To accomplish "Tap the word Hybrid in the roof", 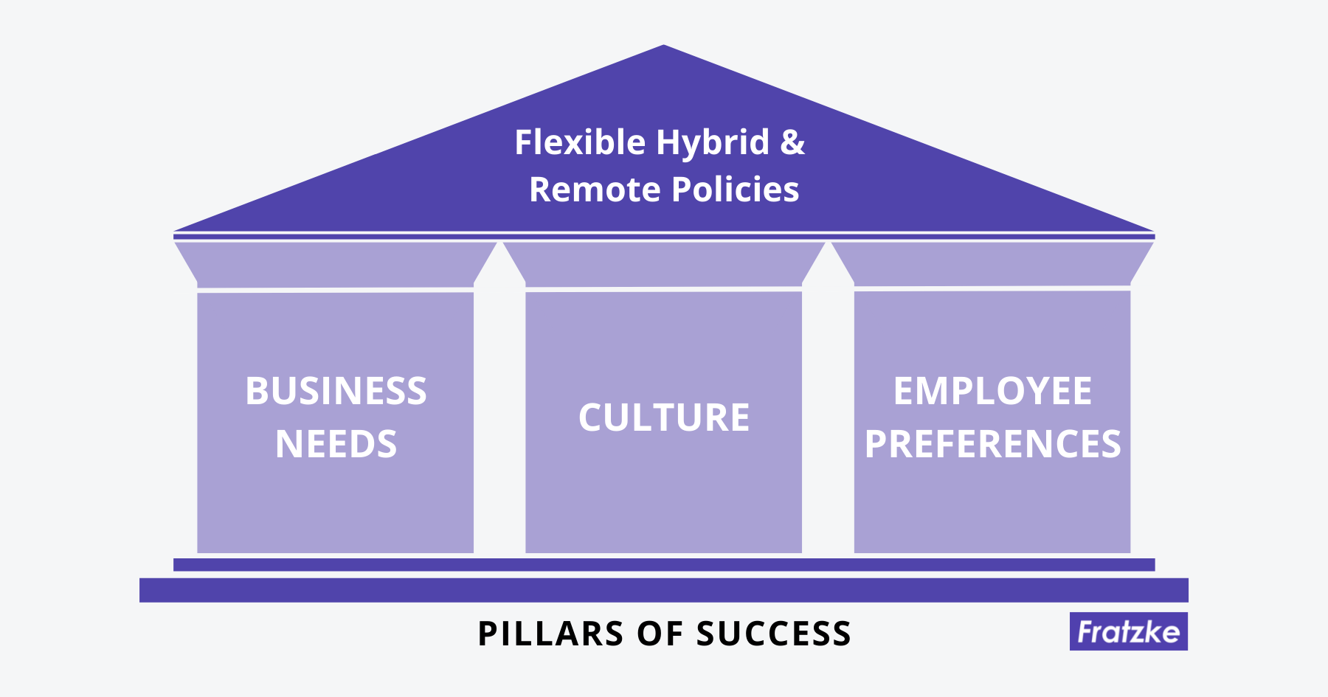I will click(713, 143).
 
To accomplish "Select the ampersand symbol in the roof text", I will click(792, 142).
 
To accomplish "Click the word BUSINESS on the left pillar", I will click(336, 391).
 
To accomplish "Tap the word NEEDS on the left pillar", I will click(336, 444).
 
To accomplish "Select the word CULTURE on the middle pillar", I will click(664, 417).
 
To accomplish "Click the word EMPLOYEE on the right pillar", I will click(992, 391).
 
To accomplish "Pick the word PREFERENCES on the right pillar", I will click(992, 444).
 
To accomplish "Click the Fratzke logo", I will click(1128, 631).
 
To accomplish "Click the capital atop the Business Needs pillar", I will click(336, 264).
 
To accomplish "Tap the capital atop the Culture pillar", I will click(664, 264).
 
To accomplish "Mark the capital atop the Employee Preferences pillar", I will click(992, 264).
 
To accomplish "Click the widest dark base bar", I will click(664, 590).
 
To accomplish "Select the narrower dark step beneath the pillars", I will click(664, 564).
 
